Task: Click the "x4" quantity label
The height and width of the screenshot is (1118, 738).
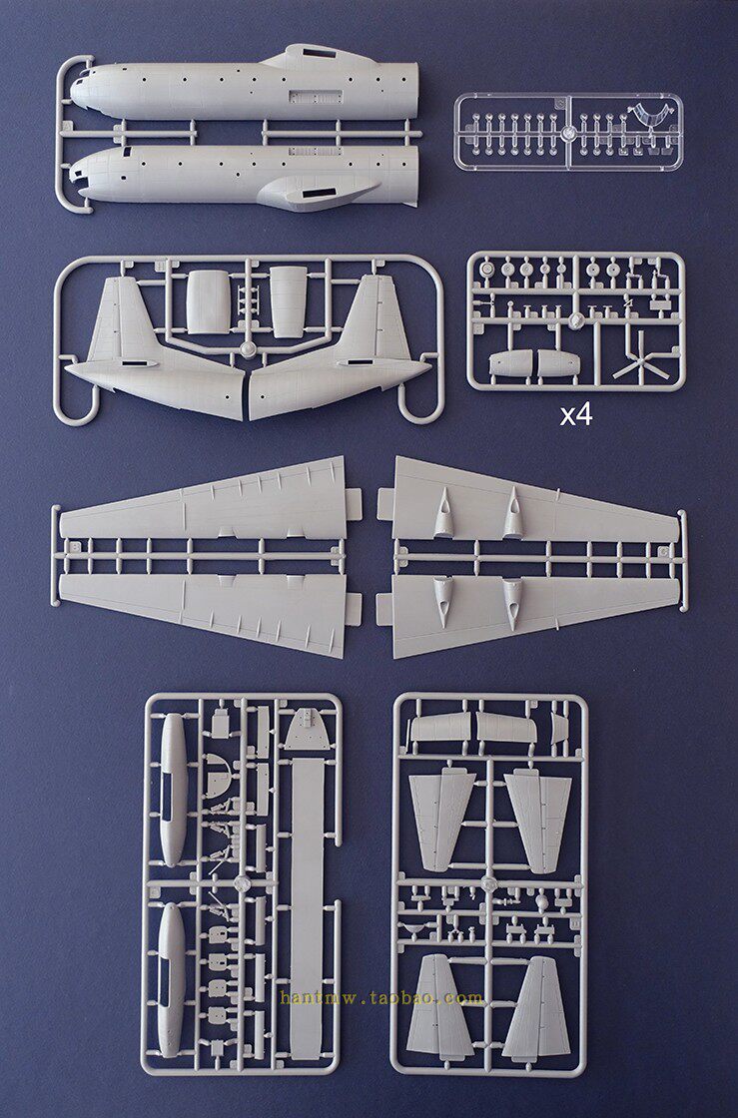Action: pyautogui.click(x=575, y=414)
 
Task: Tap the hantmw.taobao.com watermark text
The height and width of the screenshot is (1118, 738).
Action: pyautogui.click(x=381, y=997)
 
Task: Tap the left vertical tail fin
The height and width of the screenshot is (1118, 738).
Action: pyautogui.click(x=119, y=319)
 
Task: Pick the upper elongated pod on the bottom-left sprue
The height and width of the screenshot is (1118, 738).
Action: pyautogui.click(x=173, y=789)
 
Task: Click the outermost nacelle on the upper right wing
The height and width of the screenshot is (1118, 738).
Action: pyautogui.click(x=512, y=511)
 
